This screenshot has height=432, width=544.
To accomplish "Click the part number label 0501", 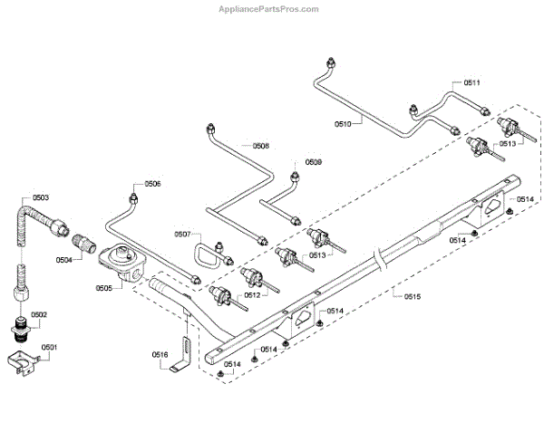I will point(49,346).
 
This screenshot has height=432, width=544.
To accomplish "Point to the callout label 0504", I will point(63,260).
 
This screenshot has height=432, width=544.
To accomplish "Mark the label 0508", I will point(260,146).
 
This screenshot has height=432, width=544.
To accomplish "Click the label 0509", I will point(313,163).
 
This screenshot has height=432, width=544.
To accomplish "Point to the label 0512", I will point(251,294).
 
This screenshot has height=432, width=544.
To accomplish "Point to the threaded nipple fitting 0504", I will point(82,245).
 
